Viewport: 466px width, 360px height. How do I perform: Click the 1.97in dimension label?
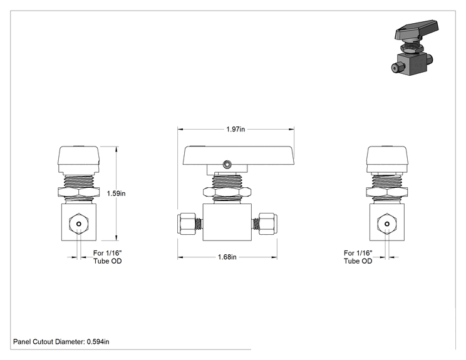[236, 129]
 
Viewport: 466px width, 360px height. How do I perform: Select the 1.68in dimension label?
[227, 257]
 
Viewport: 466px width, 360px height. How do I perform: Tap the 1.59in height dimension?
[116, 193]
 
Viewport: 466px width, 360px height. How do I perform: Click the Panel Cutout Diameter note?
[61, 342]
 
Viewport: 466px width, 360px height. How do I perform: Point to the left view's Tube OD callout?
[107, 257]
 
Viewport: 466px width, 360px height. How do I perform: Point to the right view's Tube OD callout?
[358, 257]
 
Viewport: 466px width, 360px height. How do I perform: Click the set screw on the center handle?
[227, 164]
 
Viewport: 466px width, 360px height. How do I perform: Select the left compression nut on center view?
[187, 224]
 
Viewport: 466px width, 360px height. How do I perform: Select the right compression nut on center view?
[268, 224]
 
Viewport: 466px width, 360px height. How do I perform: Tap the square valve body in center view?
[227, 222]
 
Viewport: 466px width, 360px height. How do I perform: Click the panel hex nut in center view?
[227, 192]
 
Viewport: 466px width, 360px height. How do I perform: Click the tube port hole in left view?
[79, 224]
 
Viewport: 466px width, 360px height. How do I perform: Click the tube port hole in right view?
[387, 224]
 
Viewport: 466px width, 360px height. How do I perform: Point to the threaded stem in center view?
[227, 181]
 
